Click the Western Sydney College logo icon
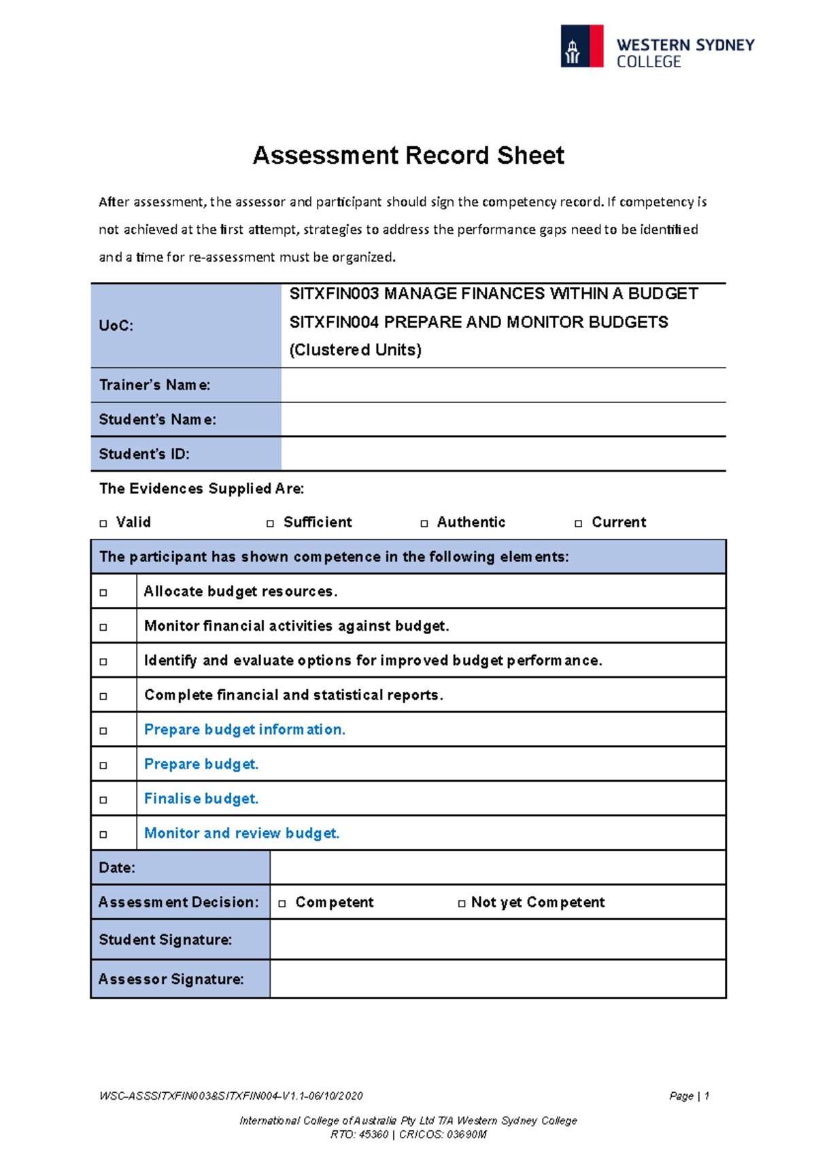pyautogui.click(x=581, y=46)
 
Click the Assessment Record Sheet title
pyautogui.click(x=408, y=156)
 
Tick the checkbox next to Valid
pyautogui.click(x=103, y=523)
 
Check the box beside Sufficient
pyautogui.click(x=270, y=523)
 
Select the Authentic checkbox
pyautogui.click(x=424, y=523)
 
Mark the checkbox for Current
pyautogui.click(x=579, y=523)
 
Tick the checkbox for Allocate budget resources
pyautogui.click(x=103, y=593)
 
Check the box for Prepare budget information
pyautogui.click(x=103, y=731)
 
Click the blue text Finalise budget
pyautogui.click(x=201, y=799)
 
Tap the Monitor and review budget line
pyautogui.click(x=241, y=833)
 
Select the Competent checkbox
pyautogui.click(x=282, y=903)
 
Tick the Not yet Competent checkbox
pyautogui.click(x=462, y=903)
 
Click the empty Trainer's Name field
pyautogui.click(x=503, y=385)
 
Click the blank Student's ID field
pyautogui.click(x=503, y=454)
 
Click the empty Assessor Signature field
pyautogui.click(x=498, y=979)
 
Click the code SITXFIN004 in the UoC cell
pyautogui.click(x=334, y=322)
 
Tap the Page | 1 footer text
pyautogui.click(x=689, y=1096)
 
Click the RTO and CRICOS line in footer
pyautogui.click(x=408, y=1134)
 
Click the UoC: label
pyautogui.click(x=116, y=326)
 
